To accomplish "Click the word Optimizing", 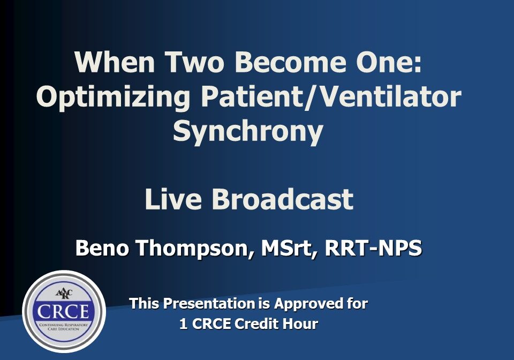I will [112, 97].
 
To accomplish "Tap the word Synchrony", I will [248, 131].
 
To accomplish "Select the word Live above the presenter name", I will [174, 199].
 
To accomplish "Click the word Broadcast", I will [282, 199].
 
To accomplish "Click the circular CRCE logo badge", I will [64, 311].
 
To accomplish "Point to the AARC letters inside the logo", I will [64, 293].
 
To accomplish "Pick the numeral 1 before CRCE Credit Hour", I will [183, 324].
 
